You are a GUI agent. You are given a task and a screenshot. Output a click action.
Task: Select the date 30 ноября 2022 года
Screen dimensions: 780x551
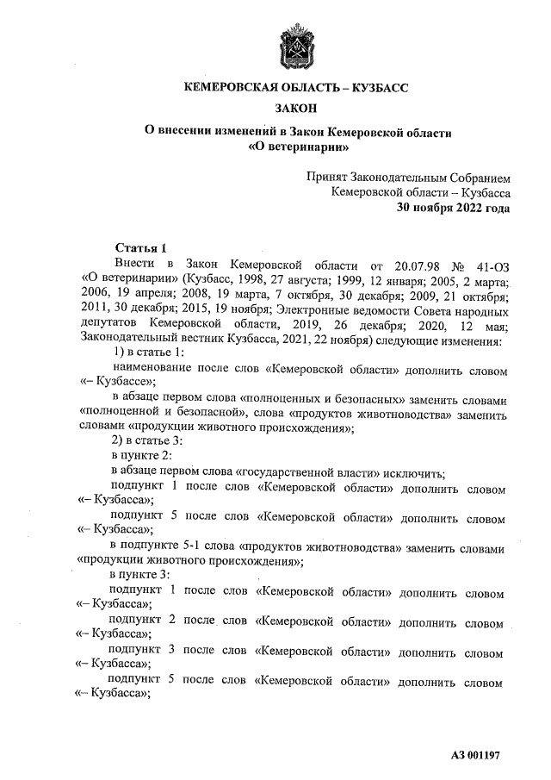pos(452,208)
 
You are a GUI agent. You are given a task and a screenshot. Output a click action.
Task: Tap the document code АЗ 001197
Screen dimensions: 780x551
pos(475,756)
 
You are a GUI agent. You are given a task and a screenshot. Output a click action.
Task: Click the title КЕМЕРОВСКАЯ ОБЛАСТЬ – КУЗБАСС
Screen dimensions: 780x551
pos(296,88)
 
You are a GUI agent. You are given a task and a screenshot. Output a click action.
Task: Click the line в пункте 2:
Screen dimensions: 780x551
pos(143,457)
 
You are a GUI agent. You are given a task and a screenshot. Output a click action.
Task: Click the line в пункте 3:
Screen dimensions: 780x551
pos(143,575)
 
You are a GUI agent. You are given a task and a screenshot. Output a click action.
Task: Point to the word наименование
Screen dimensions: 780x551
pos(152,371)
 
